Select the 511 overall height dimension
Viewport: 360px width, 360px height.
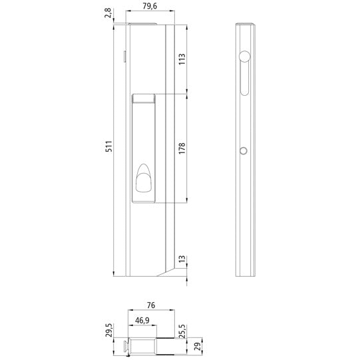point(108,146)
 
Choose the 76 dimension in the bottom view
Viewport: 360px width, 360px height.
point(151,305)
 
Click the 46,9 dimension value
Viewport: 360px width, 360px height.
point(142,319)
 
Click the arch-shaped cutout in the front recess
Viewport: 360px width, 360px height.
point(144,181)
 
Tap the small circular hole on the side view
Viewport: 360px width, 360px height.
point(244,151)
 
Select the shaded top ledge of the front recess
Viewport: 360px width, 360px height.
point(144,100)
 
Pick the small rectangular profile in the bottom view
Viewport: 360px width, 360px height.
point(143,346)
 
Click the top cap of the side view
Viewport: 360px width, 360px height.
point(246,25)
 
